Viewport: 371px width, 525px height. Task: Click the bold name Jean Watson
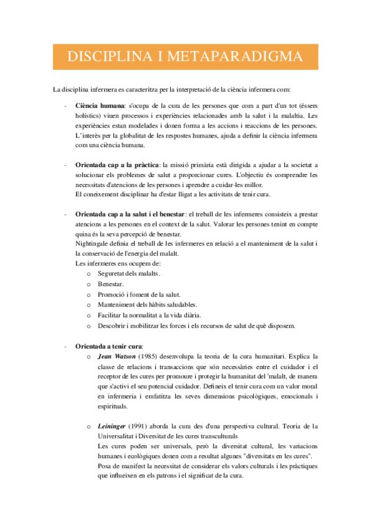point(117,357)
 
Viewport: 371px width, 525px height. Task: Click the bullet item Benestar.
point(110,284)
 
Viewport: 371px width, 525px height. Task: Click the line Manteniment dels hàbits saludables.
point(147,305)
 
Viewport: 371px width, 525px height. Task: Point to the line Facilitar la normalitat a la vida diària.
point(151,315)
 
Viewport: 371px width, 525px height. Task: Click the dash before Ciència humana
point(66,106)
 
